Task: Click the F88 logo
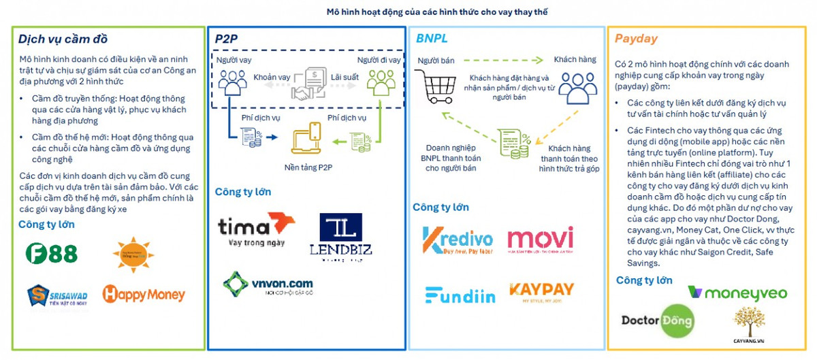[51, 254]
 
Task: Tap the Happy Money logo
[143, 294]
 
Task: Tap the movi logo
[541, 240]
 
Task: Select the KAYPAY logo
[541, 292]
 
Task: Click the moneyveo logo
[737, 293]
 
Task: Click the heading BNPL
[432, 38]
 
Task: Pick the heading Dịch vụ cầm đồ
[63, 38]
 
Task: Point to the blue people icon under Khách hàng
[575, 87]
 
